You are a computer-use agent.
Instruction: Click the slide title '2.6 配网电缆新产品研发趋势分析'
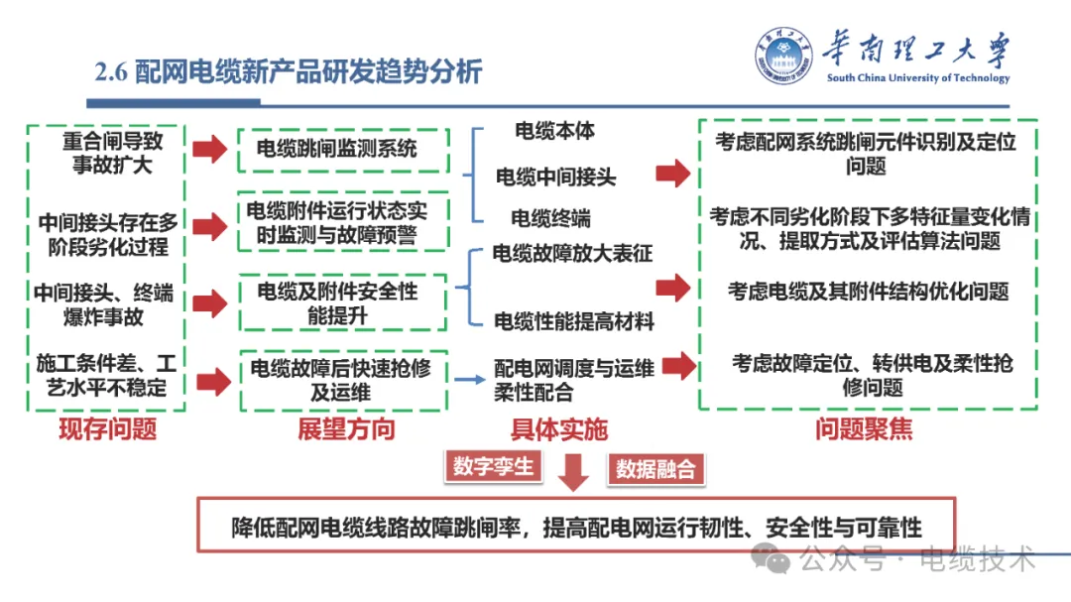click(x=288, y=72)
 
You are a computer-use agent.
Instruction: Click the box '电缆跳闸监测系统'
click(x=343, y=150)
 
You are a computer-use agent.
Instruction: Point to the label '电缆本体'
click(x=554, y=130)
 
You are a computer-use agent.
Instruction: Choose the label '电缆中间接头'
click(x=555, y=178)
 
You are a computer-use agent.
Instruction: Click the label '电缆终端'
click(x=550, y=218)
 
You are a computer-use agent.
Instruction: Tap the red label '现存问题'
click(x=108, y=429)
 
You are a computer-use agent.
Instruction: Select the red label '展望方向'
click(x=346, y=429)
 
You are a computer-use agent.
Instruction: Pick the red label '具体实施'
click(x=558, y=429)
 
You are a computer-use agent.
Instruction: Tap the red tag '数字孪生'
click(x=493, y=466)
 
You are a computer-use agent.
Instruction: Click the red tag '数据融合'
click(x=655, y=469)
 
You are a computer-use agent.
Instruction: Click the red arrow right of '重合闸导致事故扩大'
click(x=209, y=151)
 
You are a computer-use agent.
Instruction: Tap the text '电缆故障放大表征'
click(x=572, y=254)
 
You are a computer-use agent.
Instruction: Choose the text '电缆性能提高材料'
click(x=574, y=321)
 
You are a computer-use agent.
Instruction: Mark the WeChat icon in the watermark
click(x=772, y=559)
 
